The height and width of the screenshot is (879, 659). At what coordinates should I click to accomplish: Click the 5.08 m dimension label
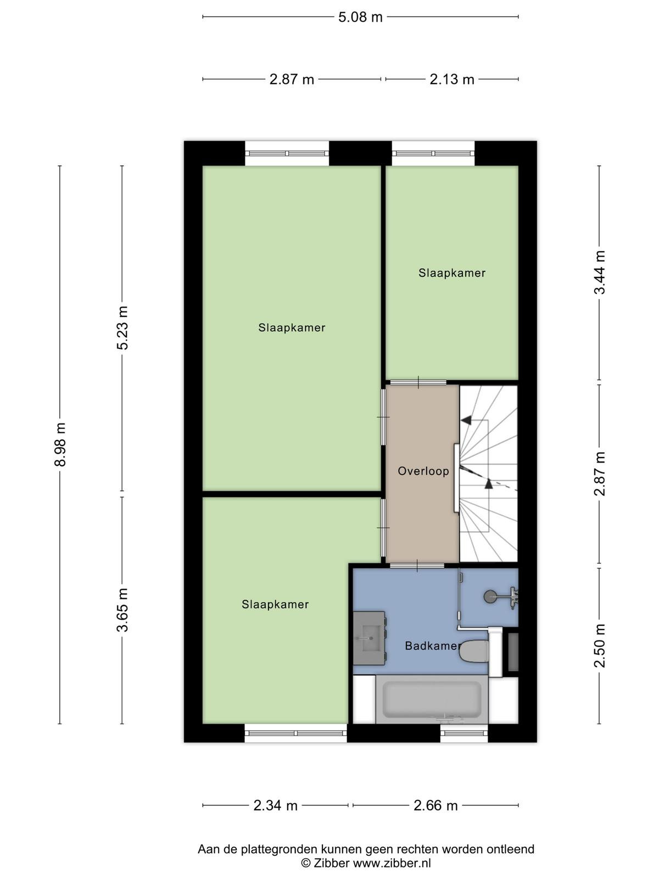click(x=360, y=17)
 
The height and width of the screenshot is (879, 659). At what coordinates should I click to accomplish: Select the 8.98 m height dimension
click(x=60, y=444)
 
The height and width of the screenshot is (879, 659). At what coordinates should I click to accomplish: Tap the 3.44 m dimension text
click(x=599, y=272)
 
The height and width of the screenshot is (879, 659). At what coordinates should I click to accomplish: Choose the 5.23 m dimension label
click(x=122, y=327)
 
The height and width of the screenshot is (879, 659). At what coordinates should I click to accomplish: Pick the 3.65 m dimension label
click(x=122, y=610)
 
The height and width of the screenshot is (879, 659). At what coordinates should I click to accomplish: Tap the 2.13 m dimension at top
click(x=452, y=79)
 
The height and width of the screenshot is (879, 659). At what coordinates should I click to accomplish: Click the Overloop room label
click(x=423, y=471)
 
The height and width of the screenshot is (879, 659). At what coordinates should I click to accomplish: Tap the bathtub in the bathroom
click(x=432, y=699)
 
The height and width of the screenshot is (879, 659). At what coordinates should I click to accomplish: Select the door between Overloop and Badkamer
click(x=417, y=565)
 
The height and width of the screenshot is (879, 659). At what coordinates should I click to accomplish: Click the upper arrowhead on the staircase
click(x=466, y=420)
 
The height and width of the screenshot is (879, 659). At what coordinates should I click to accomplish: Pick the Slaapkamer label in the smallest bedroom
click(x=452, y=272)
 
